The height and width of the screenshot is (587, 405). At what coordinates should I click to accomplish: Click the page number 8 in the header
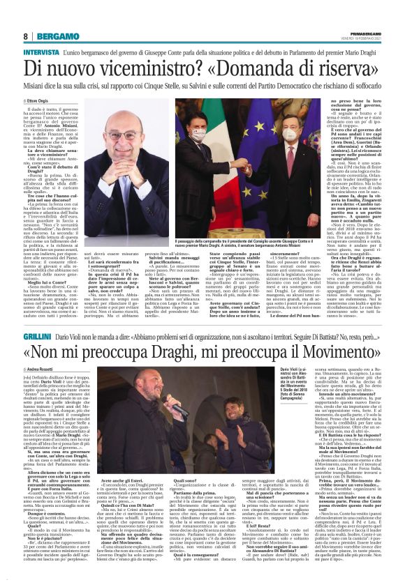[x=25, y=36]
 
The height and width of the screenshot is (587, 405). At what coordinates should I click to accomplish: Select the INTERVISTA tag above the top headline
[x=41, y=52]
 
